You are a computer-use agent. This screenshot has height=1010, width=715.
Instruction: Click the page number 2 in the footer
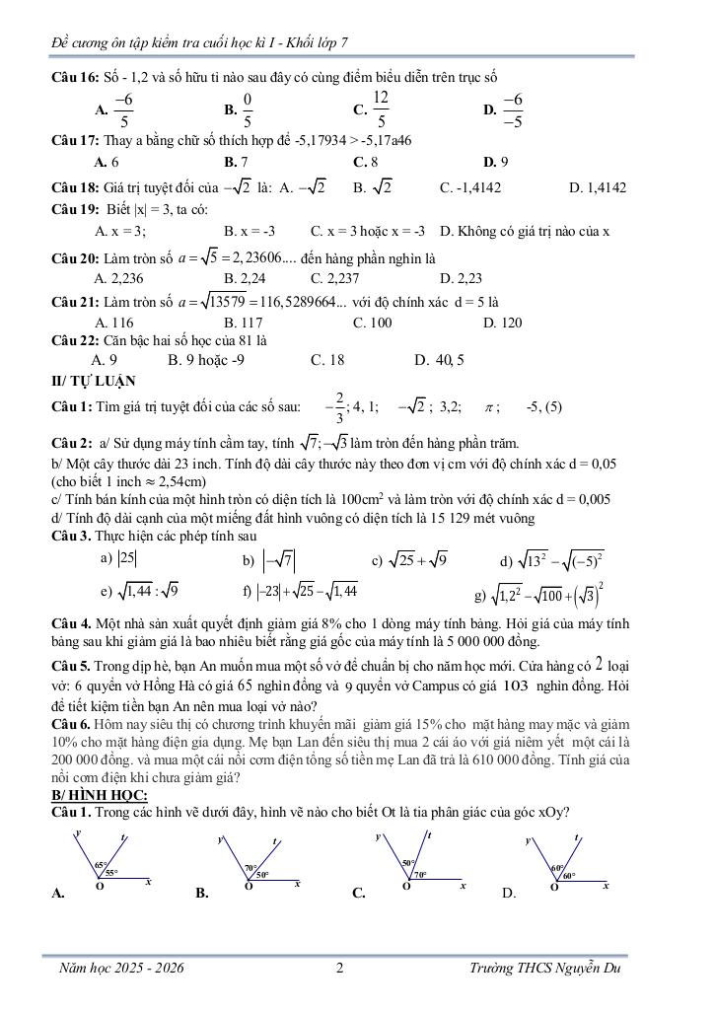[339, 969]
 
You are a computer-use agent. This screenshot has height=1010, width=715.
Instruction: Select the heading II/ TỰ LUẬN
[94, 381]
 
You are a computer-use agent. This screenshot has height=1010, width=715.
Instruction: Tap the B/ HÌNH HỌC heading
[100, 795]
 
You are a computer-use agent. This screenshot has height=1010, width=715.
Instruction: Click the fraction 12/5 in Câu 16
[381, 109]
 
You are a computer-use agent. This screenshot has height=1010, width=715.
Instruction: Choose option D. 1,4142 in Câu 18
[598, 186]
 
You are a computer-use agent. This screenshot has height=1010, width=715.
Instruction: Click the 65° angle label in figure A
[101, 865]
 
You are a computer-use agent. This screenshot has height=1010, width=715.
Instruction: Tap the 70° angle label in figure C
[420, 874]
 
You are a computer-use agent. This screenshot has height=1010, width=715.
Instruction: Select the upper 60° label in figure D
[557, 868]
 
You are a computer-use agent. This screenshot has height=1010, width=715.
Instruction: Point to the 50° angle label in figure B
[262, 875]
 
